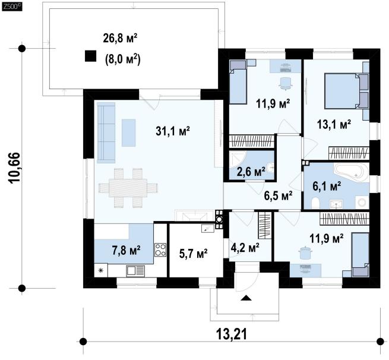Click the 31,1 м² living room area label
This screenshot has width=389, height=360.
tap(173, 131)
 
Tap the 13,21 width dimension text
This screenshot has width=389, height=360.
tap(232, 334)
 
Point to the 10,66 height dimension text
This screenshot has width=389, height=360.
tap(14, 168)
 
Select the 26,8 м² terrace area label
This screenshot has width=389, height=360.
tap(120, 39)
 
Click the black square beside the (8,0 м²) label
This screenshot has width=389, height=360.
tap(90, 56)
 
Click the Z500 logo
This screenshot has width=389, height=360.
tap(11, 7)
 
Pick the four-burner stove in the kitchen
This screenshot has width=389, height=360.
tap(160, 250)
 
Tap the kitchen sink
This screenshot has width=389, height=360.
tap(135, 270)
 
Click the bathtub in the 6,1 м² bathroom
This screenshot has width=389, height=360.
tap(350, 173)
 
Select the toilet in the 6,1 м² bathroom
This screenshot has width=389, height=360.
tap(315, 203)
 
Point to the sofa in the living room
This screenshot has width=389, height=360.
tap(106, 132)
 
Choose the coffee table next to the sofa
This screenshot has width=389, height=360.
tap(128, 132)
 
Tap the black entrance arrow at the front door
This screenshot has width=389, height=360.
tap(246, 298)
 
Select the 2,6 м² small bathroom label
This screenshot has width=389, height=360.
tap(251, 172)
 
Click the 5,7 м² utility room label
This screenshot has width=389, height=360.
tap(193, 253)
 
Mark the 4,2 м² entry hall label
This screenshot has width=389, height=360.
tap(245, 247)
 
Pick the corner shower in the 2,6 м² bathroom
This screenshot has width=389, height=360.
tap(237, 159)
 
